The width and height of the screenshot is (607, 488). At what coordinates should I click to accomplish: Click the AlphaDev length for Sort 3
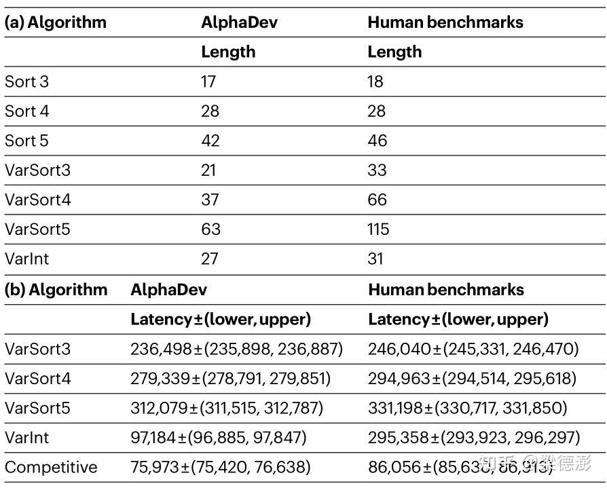coord(208,81)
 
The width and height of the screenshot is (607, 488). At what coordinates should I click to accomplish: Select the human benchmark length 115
coord(378,229)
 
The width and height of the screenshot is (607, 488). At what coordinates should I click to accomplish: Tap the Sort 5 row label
coord(26,140)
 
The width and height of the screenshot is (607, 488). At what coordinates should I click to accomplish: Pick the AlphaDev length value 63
coord(210,229)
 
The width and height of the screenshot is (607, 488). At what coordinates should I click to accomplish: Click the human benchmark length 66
coord(377,200)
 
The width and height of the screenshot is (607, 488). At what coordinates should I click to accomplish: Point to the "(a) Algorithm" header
coord(56,22)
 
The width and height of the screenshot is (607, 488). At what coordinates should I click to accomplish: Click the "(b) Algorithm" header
coord(56,290)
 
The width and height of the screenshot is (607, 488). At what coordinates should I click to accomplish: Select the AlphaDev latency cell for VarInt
coord(219,438)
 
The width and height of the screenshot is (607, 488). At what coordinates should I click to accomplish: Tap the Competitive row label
coord(51,468)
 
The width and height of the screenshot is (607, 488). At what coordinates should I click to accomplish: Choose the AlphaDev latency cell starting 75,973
coord(221,468)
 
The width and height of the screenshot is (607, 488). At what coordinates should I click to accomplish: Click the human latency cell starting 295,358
coord(474,438)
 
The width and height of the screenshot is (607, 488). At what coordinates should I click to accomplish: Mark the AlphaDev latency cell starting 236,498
coord(236,350)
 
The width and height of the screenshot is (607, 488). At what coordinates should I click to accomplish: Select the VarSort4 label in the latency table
coord(37,379)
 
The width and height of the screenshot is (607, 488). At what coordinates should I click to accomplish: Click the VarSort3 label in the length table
coord(37,170)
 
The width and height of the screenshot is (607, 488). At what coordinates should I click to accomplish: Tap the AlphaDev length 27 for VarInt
coord(209,259)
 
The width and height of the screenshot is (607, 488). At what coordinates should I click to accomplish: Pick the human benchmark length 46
coord(377,140)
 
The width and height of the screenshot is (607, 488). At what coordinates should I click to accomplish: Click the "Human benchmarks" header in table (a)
coord(445,22)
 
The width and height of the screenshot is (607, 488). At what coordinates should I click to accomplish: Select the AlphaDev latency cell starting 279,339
coord(231,379)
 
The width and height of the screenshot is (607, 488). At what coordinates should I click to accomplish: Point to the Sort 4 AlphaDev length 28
coord(210,111)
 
